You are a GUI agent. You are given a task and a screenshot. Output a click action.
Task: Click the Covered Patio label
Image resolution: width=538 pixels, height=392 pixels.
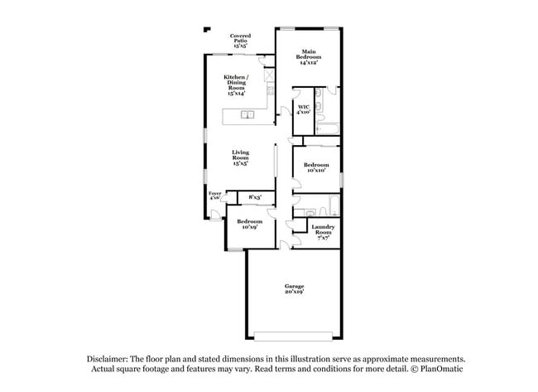(x=240, y=41)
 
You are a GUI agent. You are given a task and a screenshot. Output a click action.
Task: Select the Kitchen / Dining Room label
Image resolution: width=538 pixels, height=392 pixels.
(x=235, y=85)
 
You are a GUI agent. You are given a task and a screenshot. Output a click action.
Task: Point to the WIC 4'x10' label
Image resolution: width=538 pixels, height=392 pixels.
(x=304, y=109)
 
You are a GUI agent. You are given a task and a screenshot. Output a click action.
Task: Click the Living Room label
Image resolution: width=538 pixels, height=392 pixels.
(x=240, y=157)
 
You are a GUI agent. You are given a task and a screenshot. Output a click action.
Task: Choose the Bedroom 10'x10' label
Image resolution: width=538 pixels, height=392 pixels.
(x=316, y=168)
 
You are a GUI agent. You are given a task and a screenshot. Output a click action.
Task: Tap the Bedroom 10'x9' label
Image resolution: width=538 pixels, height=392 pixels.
(x=249, y=224)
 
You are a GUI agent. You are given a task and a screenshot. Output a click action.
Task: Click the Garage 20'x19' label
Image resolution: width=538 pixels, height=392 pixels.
(x=295, y=289)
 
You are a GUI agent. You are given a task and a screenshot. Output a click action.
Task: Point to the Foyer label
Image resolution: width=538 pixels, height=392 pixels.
(x=215, y=196)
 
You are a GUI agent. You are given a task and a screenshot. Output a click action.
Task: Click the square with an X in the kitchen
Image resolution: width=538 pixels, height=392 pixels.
(x=270, y=74)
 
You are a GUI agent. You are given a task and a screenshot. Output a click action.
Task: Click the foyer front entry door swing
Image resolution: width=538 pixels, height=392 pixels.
(x=214, y=215)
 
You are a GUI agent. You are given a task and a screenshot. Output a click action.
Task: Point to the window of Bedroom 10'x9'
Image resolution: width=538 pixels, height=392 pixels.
(x=234, y=247)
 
